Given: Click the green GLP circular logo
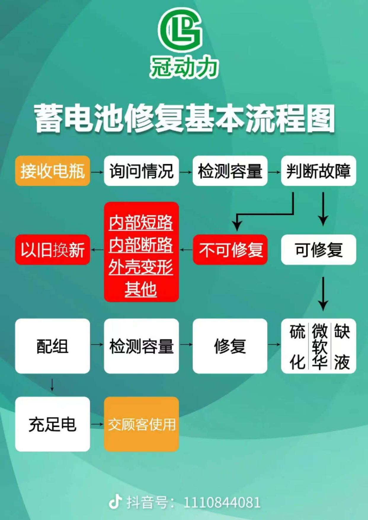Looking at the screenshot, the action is (x=181, y=30).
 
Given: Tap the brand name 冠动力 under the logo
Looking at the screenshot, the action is (x=184, y=67).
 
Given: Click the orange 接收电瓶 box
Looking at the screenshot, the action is (x=52, y=171).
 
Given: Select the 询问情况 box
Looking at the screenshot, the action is (x=141, y=171).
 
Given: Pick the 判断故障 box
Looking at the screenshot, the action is (x=319, y=171).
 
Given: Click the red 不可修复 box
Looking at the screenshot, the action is (x=230, y=249).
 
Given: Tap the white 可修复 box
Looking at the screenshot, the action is (x=319, y=249).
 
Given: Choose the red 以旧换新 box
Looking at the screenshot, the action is (x=52, y=249).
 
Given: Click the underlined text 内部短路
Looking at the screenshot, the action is (x=141, y=223).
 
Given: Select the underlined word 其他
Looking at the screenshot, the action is (x=141, y=289).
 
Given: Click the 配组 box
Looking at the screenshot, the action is (x=52, y=346).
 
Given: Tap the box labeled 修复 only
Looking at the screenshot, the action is (x=230, y=346).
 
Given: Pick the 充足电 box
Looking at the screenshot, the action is (x=52, y=424).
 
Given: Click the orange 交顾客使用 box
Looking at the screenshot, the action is (x=141, y=424).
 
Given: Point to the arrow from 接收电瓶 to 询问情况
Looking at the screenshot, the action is (x=97, y=172).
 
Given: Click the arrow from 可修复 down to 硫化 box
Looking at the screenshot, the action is (x=323, y=294).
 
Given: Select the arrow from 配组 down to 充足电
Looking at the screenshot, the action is (x=52, y=385).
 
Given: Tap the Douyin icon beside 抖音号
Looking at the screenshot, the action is (x=115, y=501).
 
